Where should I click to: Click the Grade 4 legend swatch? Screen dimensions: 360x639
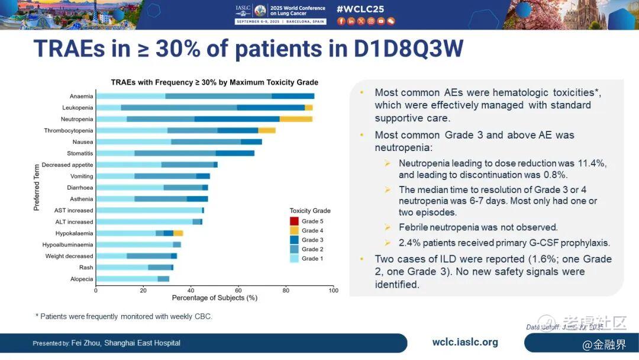(x=294, y=230)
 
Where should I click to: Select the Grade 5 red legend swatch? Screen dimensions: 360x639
(x=294, y=221)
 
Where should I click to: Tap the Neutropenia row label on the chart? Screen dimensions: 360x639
(x=77, y=119)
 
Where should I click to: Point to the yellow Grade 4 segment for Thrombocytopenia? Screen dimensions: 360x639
(x=267, y=130)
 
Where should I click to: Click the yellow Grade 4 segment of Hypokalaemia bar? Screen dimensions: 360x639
(x=178, y=233)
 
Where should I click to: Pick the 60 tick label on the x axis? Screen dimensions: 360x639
(x=238, y=290)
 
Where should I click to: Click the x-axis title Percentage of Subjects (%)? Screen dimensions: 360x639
(x=214, y=298)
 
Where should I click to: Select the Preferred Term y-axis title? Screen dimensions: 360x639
(x=36, y=187)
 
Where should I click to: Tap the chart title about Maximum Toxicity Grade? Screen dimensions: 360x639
(x=214, y=82)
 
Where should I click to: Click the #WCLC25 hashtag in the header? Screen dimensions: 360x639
(x=359, y=9)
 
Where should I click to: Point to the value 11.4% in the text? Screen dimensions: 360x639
(x=593, y=163)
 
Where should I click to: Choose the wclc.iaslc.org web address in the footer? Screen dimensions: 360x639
(x=465, y=342)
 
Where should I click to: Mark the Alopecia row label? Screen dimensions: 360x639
(x=82, y=279)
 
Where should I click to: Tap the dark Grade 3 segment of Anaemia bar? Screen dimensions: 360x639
(x=293, y=96)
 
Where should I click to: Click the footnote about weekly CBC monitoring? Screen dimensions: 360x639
(x=124, y=317)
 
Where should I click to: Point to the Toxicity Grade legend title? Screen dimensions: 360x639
(x=310, y=211)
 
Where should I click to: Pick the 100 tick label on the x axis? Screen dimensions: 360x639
(x=333, y=290)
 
